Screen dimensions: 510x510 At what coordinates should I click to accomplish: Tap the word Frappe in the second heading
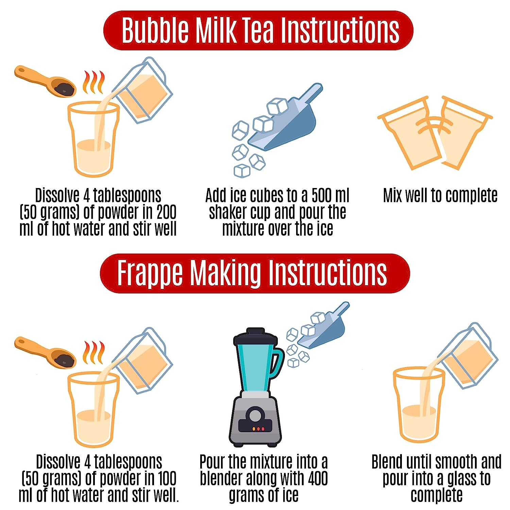click(x=150, y=274)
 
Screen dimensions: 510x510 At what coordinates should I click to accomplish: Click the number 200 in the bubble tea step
click(x=166, y=212)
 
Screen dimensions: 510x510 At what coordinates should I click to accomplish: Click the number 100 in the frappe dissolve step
click(x=167, y=478)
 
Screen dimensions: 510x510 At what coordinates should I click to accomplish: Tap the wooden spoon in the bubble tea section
click(x=45, y=82)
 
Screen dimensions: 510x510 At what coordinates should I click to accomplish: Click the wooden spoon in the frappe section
click(x=45, y=352)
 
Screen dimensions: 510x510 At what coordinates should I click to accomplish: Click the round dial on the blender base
click(x=254, y=415)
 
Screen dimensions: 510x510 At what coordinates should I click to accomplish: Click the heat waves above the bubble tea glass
click(x=93, y=82)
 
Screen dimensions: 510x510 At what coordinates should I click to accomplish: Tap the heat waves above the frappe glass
click(x=93, y=352)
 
